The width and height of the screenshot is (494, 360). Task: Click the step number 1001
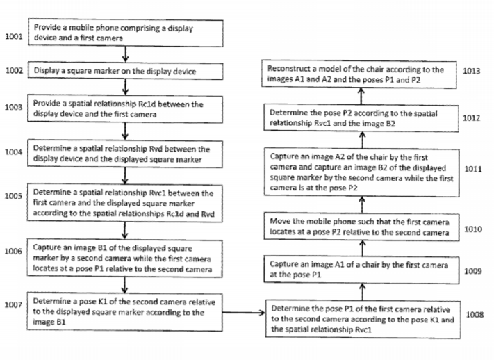14,37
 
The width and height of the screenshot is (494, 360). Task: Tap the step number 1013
471,71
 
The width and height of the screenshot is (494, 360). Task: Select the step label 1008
475,315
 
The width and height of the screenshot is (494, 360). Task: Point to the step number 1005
13,196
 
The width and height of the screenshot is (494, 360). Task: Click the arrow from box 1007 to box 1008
244,313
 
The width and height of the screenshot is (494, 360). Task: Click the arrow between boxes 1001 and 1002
125,54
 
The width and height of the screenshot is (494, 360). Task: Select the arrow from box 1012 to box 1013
361,96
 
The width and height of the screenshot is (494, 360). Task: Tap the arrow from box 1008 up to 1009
363,292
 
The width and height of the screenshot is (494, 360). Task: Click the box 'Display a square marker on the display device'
125,72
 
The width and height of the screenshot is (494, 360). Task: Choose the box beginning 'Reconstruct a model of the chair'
359,74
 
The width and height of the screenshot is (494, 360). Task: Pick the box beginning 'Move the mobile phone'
361,227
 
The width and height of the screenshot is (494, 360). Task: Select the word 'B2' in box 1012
390,124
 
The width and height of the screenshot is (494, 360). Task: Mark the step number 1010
473,229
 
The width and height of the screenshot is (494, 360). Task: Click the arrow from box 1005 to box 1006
125,231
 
